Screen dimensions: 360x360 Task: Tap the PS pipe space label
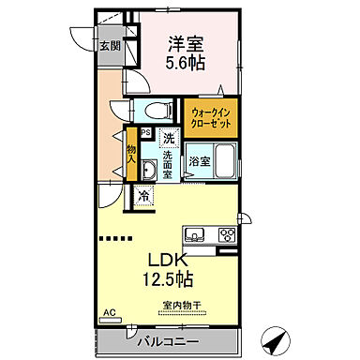click(145, 131)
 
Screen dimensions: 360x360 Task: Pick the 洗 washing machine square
click(168, 139)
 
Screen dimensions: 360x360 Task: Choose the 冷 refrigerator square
click(143, 196)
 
